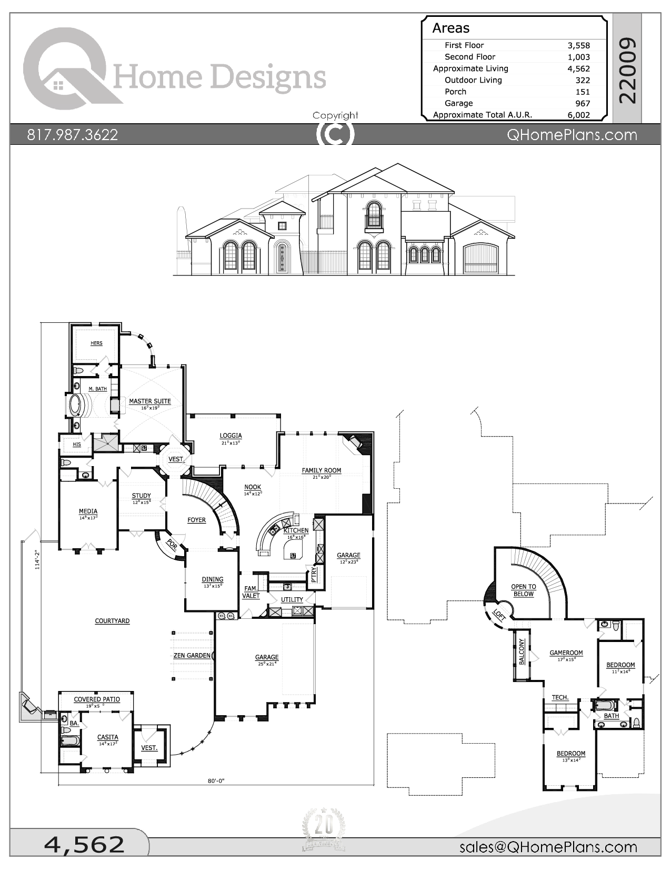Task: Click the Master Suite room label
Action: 150,401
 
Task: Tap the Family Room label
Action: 321,470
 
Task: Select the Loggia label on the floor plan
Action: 231,436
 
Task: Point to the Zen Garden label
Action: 192,656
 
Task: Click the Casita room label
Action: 107,737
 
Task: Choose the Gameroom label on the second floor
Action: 566,653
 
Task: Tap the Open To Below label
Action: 523,590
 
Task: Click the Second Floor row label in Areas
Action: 469,57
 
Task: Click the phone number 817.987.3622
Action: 73,135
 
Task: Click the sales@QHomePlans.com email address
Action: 548,847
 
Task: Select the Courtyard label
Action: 112,621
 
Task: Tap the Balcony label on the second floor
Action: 522,652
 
